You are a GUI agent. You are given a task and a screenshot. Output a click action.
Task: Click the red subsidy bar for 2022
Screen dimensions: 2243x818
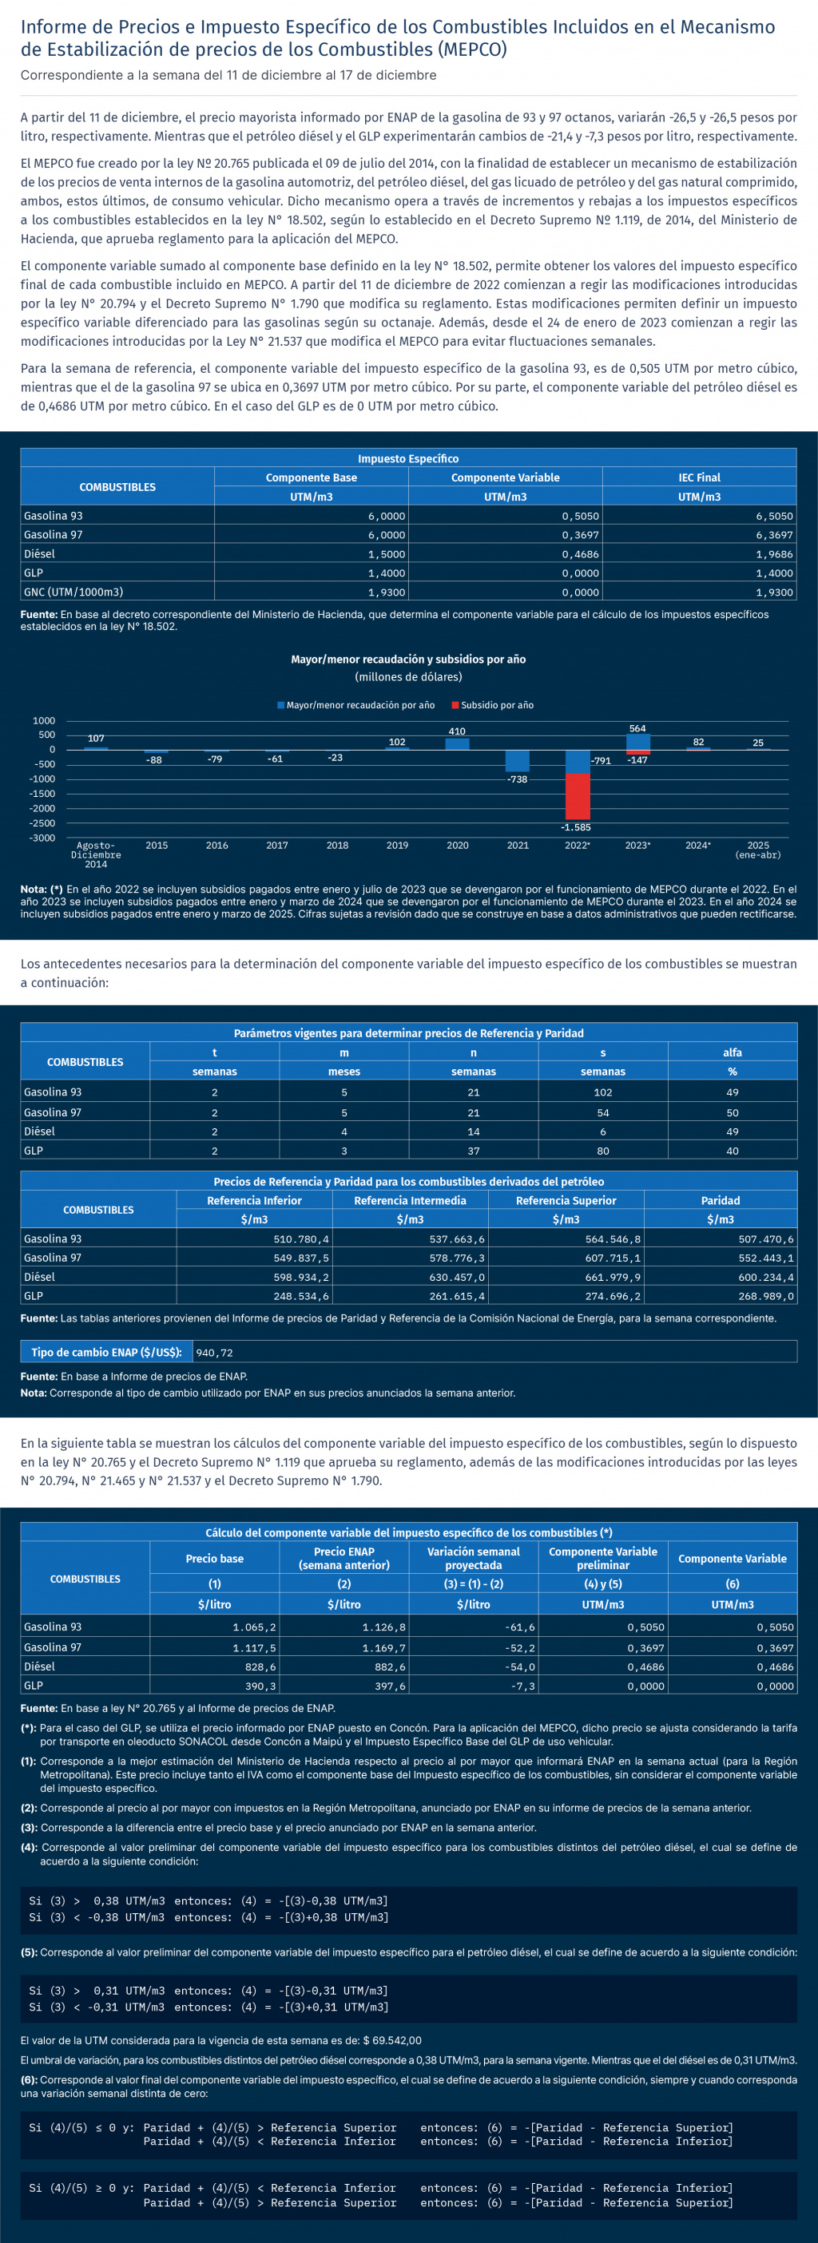(577, 796)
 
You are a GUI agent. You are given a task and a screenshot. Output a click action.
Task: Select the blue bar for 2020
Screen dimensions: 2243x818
(458, 743)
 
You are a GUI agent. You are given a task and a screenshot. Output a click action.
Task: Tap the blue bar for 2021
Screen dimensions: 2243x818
(518, 760)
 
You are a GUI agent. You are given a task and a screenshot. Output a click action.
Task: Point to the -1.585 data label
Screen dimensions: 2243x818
(576, 827)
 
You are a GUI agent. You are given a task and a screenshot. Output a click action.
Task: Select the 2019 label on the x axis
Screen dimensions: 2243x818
(397, 846)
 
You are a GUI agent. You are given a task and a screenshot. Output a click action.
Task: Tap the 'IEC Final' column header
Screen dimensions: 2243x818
(699, 478)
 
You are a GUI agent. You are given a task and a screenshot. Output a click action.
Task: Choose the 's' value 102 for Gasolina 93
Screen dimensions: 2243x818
(603, 1092)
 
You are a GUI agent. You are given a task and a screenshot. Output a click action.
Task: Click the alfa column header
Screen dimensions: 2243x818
(732, 1052)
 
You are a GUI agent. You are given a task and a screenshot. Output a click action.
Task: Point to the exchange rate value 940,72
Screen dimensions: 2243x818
(214, 1352)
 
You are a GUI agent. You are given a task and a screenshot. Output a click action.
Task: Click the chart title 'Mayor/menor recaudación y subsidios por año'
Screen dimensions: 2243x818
(407, 659)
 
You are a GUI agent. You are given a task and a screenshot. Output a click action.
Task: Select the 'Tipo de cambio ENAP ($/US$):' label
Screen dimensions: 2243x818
(106, 1352)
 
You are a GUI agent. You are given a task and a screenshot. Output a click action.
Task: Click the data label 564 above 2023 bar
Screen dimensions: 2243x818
(637, 729)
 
